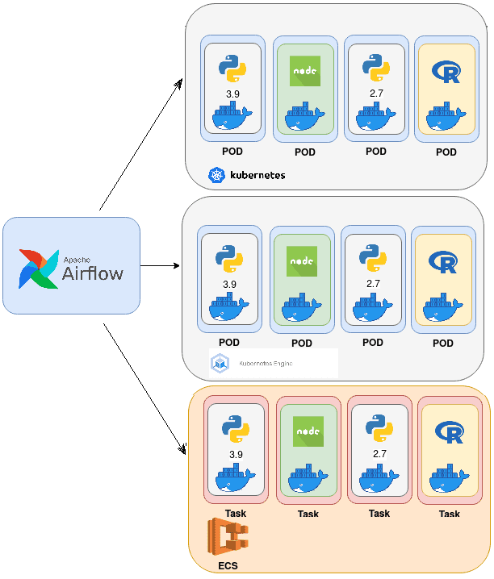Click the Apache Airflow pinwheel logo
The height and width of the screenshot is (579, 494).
pos(39,269)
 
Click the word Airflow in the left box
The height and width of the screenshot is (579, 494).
pos(93,273)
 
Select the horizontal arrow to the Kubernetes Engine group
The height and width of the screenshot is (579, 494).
pos(160,265)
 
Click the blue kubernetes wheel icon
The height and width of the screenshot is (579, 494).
pos(216,174)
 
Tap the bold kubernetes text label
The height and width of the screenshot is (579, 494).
pos(257,174)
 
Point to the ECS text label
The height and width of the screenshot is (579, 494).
pos(228,566)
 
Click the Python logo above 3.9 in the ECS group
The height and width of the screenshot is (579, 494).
pos(236,430)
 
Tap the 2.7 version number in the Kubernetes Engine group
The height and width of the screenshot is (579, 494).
pos(373,284)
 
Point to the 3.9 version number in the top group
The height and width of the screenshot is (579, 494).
pos(232,94)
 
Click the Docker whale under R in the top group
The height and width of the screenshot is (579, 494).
pos(446,119)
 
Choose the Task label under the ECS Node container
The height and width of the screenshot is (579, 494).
pos(308,514)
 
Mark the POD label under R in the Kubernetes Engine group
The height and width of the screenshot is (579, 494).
pos(443,343)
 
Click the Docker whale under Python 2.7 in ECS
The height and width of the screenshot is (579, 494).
pos(379,479)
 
